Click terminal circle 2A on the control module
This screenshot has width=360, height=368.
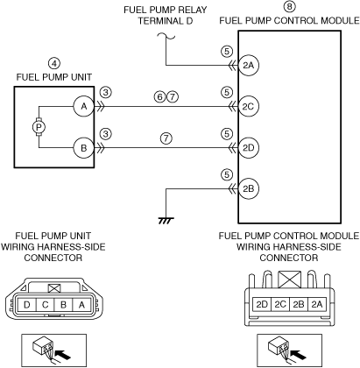249,65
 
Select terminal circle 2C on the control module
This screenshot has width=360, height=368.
249,106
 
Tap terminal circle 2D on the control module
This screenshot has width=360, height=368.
249,148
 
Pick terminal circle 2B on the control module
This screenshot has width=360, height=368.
249,188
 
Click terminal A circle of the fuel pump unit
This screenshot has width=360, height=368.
84,106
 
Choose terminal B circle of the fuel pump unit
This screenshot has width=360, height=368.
84,148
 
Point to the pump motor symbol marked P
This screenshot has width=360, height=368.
39,127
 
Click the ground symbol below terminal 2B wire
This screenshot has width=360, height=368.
166,221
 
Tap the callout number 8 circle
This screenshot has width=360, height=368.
289,6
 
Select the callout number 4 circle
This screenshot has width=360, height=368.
54,63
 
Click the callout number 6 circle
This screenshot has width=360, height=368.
160,96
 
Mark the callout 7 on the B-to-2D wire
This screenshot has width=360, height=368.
166,138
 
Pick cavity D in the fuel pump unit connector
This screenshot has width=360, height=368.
26,305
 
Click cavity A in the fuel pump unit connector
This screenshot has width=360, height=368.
81,305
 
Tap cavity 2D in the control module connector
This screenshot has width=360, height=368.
262,304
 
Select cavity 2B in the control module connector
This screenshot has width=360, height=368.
299,304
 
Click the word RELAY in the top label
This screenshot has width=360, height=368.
190,10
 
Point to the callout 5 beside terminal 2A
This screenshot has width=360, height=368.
227,52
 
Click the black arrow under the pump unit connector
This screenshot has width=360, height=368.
63,355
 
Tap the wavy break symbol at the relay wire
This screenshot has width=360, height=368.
166,36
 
